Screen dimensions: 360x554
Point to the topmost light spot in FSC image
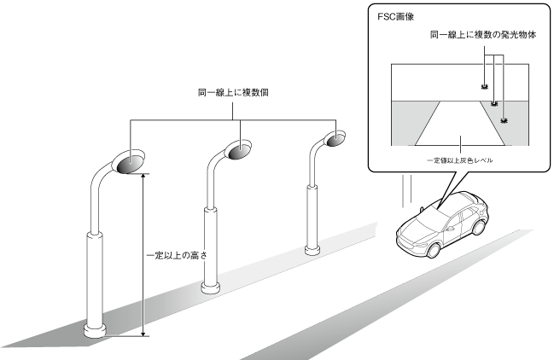click(x=484, y=87)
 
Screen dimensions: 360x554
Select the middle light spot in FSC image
click(x=494, y=103)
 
